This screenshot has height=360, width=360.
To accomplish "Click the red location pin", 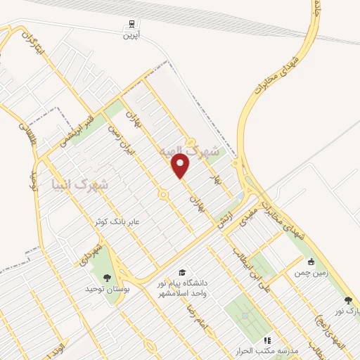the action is point(181,166).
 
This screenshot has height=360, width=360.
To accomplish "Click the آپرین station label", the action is point(131,34).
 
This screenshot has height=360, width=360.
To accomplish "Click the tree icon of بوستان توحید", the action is point(107,279).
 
